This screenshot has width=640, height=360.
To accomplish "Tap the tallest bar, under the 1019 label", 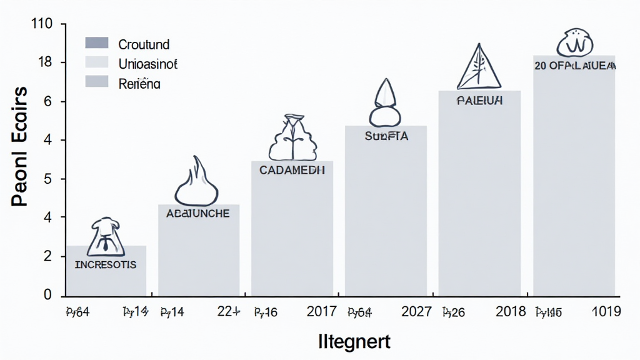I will click(x=574, y=187).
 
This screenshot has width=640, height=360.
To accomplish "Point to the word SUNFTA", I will click(x=386, y=136).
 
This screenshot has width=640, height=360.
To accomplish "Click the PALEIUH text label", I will click(x=479, y=101).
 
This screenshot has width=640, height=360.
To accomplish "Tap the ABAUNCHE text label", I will click(x=198, y=213).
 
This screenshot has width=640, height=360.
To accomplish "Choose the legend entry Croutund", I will click(x=144, y=44).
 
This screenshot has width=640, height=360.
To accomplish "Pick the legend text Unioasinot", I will click(x=148, y=63).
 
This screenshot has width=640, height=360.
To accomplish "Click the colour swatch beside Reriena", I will click(x=97, y=82).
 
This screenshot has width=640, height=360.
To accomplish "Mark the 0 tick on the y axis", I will click(x=47, y=294).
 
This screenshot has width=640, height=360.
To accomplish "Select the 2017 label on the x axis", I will click(x=322, y=311).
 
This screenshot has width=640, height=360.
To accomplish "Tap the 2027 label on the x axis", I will click(x=416, y=311).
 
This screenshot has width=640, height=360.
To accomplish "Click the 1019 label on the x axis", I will click(x=606, y=311).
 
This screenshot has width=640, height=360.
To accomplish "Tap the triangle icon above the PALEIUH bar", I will click(x=479, y=66).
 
